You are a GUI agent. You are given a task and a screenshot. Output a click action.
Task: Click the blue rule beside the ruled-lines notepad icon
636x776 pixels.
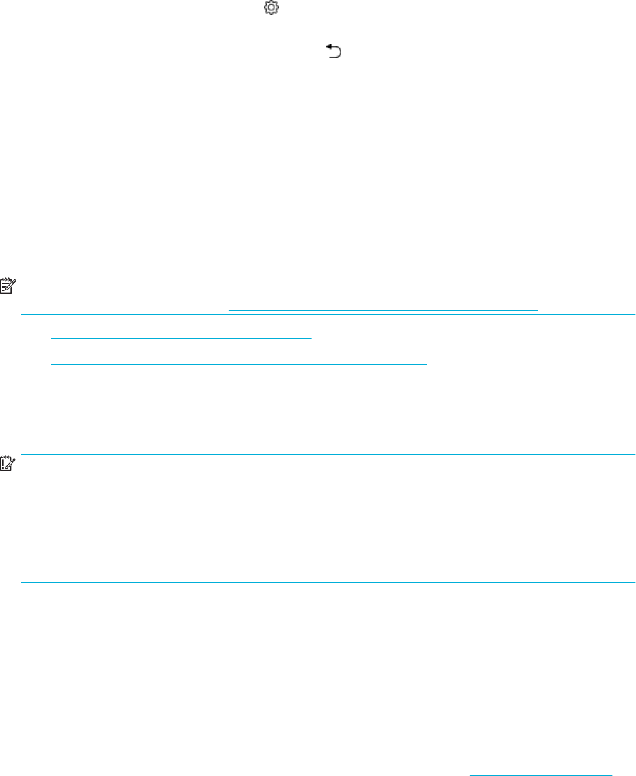click(x=328, y=277)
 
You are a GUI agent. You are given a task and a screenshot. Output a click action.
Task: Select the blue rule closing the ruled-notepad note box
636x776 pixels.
click(x=328, y=315)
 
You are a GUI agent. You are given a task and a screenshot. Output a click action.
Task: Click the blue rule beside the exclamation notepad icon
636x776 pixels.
click(x=328, y=455)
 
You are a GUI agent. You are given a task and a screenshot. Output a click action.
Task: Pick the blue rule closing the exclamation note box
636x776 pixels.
click(x=328, y=583)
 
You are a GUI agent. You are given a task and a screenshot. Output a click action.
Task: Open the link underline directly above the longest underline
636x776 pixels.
click(x=181, y=337)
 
